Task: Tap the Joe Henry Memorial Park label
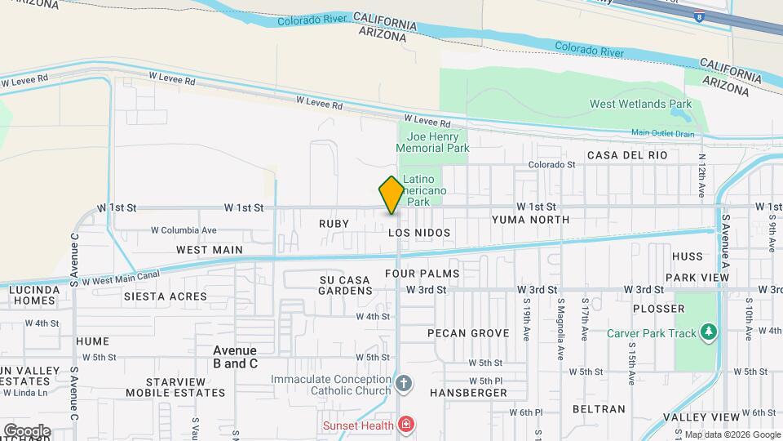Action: click(432, 142)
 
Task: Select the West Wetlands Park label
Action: click(640, 104)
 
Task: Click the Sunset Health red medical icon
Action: click(405, 424)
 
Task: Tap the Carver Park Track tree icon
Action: click(710, 332)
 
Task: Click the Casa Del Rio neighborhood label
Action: click(627, 155)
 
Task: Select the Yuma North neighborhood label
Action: click(530, 220)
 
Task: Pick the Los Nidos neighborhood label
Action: click(419, 233)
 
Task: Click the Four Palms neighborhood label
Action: click(422, 274)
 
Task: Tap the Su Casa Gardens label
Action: click(344, 285)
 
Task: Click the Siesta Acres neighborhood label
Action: click(165, 296)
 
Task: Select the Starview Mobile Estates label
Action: click(175, 387)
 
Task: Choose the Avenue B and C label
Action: click(235, 357)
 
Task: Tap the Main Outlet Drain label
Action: click(662, 133)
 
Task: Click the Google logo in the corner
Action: click(27, 430)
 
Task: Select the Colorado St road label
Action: click(551, 164)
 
